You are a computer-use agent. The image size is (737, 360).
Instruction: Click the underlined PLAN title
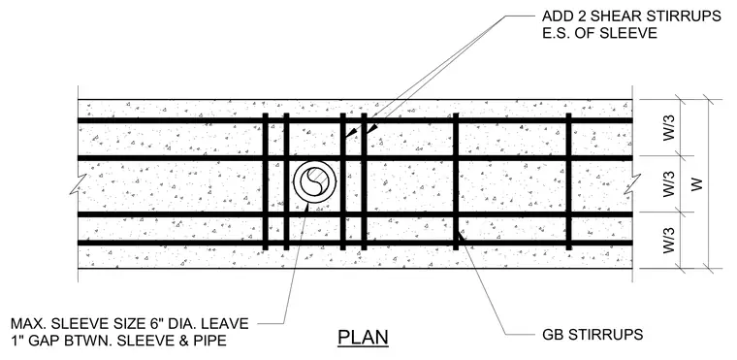(x=363, y=338)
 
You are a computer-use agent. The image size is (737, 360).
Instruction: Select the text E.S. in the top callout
(x=557, y=33)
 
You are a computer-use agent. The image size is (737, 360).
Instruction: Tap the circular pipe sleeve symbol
(x=314, y=182)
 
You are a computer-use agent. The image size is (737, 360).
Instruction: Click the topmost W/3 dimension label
(x=669, y=127)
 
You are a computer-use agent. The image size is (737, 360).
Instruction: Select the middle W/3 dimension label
(x=669, y=184)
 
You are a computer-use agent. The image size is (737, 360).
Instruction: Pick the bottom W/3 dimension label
(x=669, y=241)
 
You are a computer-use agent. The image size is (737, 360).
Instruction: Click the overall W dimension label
(x=697, y=184)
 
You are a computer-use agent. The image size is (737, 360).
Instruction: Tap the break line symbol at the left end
(x=78, y=183)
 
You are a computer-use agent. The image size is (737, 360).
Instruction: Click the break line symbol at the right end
(x=632, y=183)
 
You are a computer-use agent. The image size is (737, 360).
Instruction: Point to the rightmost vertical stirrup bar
(x=568, y=181)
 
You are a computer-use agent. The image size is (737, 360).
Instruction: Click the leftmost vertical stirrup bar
(x=265, y=181)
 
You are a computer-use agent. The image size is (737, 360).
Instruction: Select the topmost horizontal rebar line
(x=355, y=120)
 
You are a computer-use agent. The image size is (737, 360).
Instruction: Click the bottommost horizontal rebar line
(x=355, y=243)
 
